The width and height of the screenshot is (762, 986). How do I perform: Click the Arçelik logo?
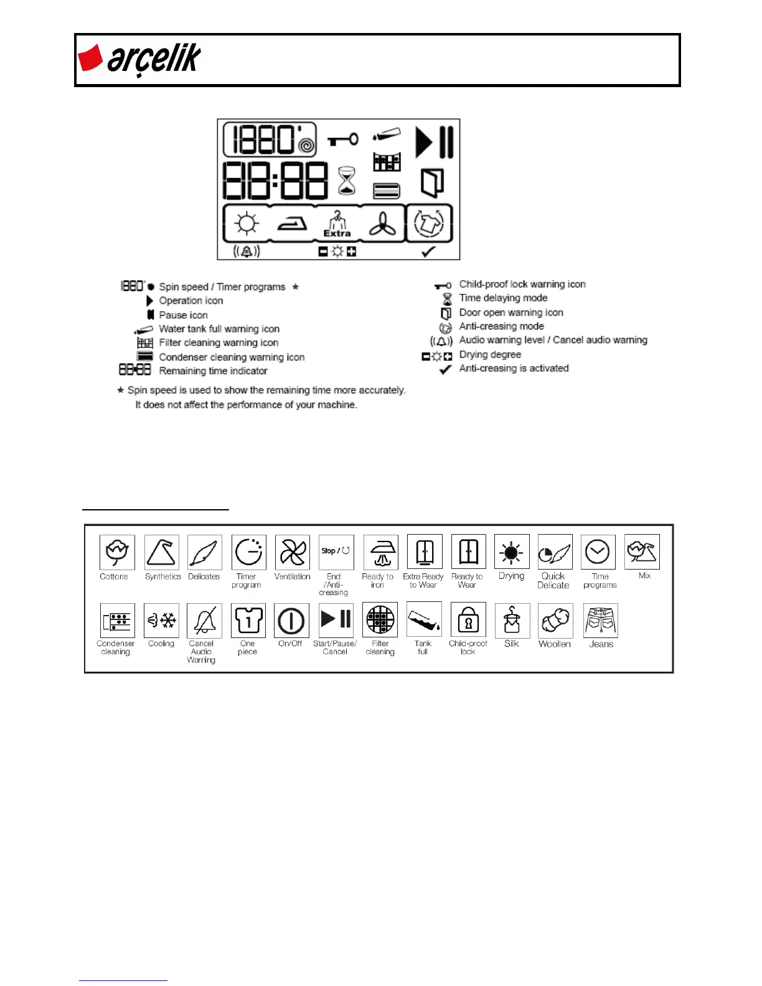pos(139,59)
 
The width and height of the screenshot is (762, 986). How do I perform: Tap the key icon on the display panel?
pos(343,139)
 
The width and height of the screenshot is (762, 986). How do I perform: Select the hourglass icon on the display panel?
pos(347,181)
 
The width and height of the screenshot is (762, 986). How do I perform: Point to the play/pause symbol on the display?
pos(434,142)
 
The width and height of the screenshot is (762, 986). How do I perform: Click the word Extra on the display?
pos(337,233)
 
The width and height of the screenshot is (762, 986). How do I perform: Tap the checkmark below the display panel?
pos(428,251)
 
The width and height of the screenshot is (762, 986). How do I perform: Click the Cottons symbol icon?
pos(117,552)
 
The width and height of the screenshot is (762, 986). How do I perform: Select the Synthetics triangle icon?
pos(161,552)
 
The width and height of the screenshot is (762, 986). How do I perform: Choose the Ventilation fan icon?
pos(292,552)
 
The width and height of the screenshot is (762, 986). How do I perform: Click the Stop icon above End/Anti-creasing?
pos(336,552)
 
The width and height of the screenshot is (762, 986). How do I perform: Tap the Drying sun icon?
pos(511,552)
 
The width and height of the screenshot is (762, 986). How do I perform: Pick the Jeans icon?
pos(600,621)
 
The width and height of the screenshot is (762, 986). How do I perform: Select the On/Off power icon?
pos(291,621)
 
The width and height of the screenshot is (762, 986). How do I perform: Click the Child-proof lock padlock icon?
pos(468,621)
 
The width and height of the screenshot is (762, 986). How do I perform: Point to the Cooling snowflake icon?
pos(161,621)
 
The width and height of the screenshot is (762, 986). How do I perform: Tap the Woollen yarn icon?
pos(555,621)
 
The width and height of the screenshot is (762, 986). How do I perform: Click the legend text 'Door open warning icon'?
pos(510,312)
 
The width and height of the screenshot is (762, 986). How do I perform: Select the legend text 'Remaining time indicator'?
pos(213,371)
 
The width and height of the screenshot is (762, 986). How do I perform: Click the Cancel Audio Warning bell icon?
pos(204,621)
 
